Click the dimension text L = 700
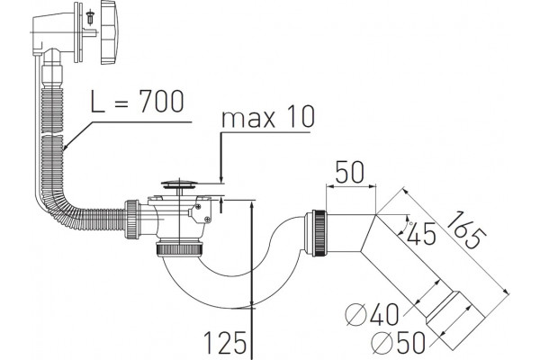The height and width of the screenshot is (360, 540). [x=137, y=102]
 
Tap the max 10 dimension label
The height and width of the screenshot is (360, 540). [x=268, y=117]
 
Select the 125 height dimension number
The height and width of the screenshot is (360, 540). [x=226, y=342]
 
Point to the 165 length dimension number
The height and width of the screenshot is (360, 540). [x=466, y=230]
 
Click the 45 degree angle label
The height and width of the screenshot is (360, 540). [x=422, y=234]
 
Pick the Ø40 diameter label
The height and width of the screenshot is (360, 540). [x=372, y=314]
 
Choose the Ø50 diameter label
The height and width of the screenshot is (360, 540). [x=399, y=342]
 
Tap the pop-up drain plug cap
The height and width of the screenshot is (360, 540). [x=179, y=184]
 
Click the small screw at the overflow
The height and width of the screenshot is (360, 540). [x=91, y=17]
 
